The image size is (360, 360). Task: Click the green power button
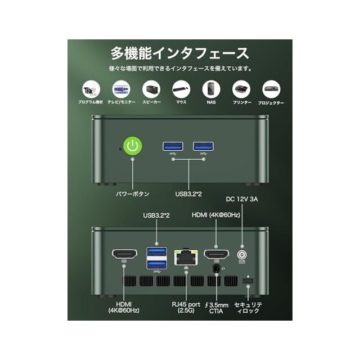133,147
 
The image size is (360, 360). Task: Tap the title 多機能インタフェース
179,54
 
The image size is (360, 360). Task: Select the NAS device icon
211,89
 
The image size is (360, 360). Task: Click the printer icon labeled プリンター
241,89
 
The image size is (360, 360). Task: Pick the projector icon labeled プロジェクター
271,89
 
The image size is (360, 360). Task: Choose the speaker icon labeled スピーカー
151,89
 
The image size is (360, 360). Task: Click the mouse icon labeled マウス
181,89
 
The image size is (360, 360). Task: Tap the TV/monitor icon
121,89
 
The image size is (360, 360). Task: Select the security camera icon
91,89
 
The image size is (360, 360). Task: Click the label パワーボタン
133,194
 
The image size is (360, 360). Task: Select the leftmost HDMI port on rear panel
124,254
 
